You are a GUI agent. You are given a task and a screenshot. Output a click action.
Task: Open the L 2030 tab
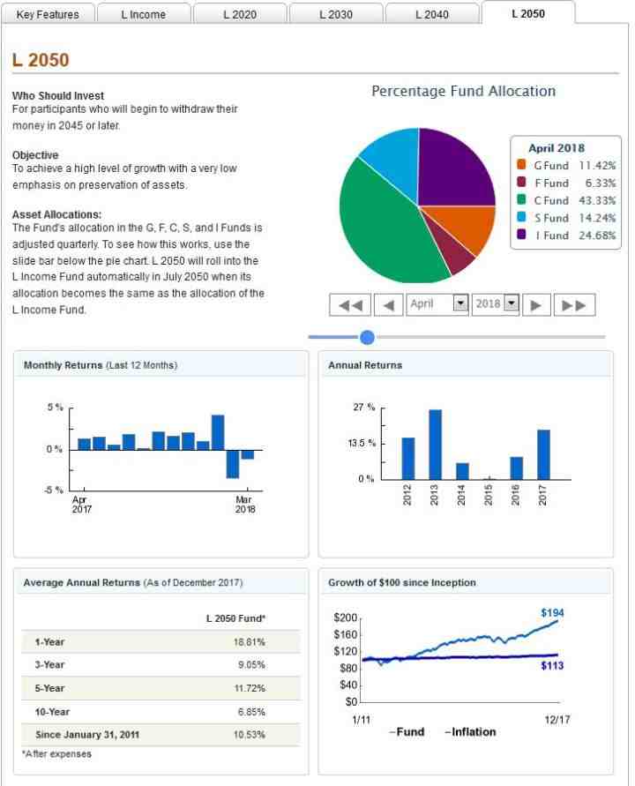(335, 14)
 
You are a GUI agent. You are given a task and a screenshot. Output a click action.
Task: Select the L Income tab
(143, 14)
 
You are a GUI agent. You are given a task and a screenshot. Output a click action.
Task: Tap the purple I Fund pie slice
(454, 168)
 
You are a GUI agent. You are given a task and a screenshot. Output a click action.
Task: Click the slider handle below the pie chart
(368, 337)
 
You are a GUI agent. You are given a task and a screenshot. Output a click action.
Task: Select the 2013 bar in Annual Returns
(435, 444)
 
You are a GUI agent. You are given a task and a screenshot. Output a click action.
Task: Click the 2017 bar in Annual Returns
(543, 454)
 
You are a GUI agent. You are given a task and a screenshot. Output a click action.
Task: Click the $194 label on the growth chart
(552, 612)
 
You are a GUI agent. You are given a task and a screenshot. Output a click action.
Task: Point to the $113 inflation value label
(552, 666)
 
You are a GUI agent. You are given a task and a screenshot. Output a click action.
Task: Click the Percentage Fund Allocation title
(463, 91)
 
